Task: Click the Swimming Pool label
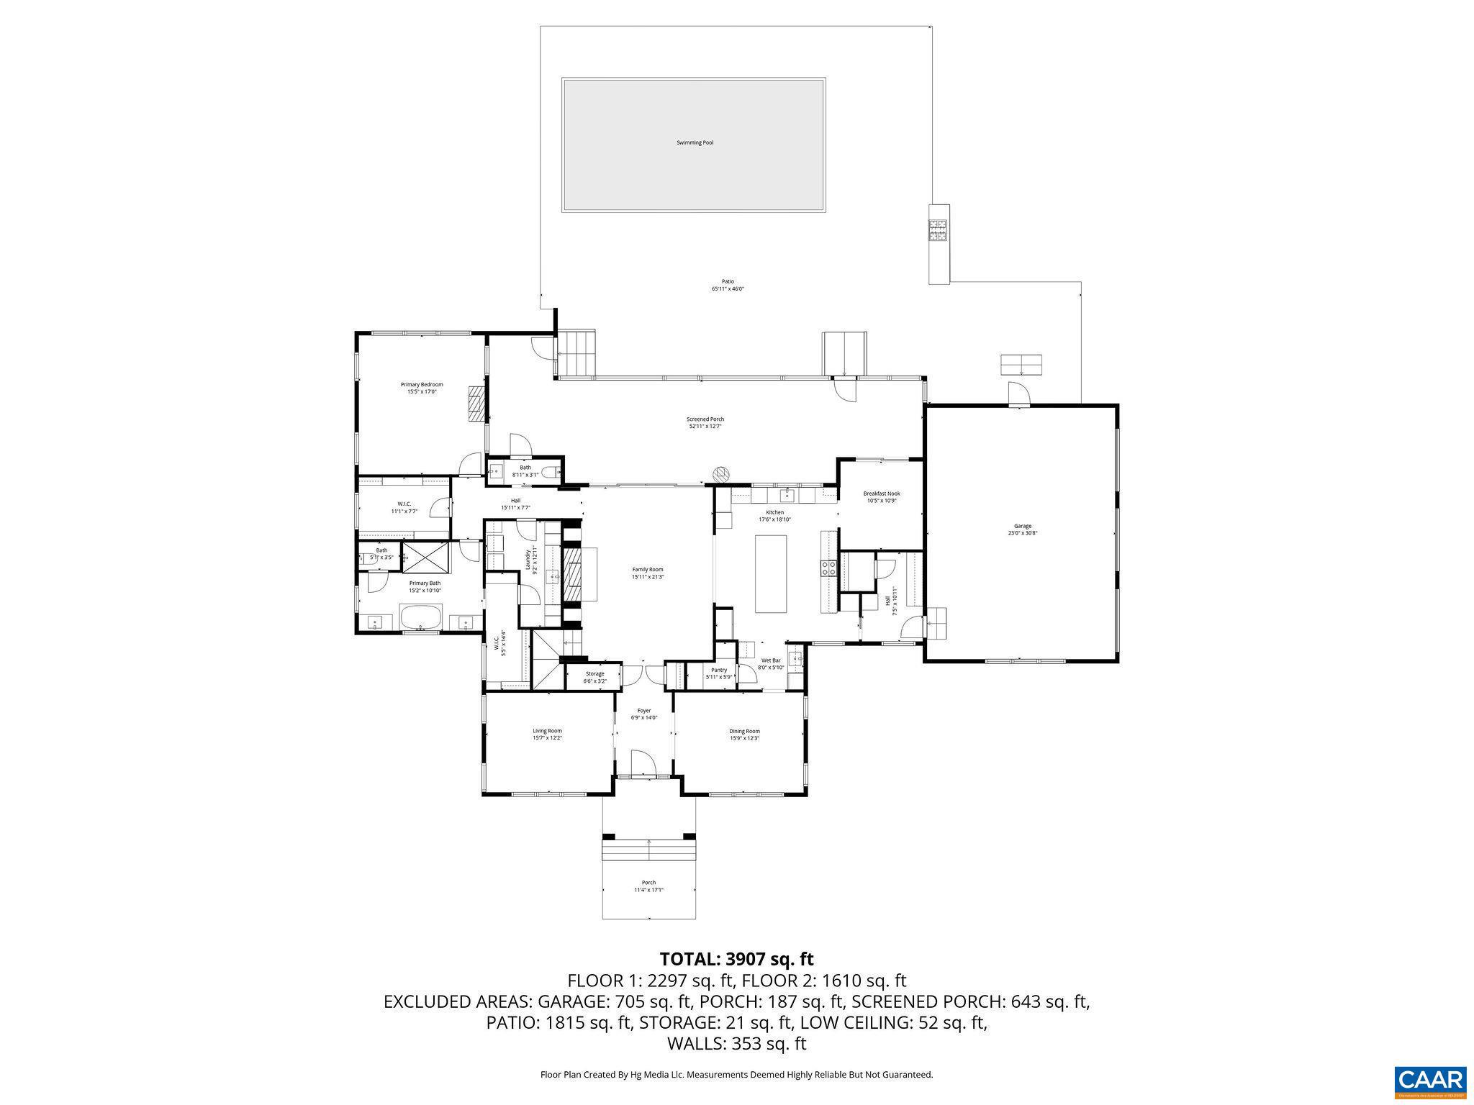click(695, 142)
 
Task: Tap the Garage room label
click(1022, 526)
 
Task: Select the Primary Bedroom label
click(422, 384)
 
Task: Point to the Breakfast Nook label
click(881, 494)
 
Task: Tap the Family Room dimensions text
click(647, 576)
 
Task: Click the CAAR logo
click(1430, 1081)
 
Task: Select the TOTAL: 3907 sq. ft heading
click(736, 958)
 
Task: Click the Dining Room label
click(744, 731)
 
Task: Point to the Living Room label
click(547, 731)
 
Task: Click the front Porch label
click(648, 883)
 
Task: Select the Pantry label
click(719, 670)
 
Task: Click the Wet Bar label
click(771, 660)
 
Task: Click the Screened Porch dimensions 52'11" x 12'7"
click(705, 427)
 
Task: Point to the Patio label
click(728, 281)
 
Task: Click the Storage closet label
click(594, 673)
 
